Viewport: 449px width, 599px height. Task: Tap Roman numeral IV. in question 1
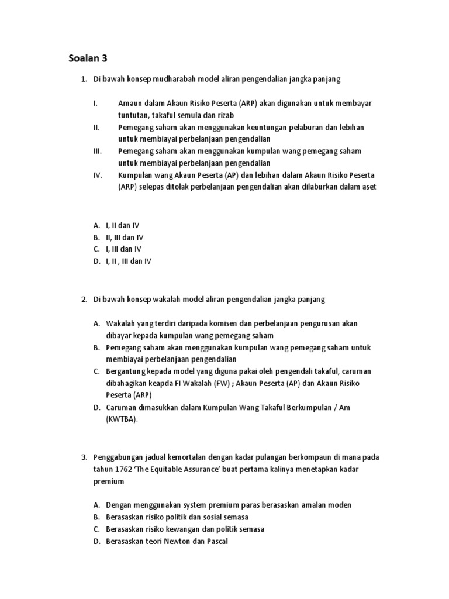tap(98, 175)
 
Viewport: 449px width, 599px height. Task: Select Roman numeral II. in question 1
tap(96, 127)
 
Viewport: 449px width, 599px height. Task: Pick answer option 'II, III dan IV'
tap(125, 237)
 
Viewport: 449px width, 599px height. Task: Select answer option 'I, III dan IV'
tap(123, 249)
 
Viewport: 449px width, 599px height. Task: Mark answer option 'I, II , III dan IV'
tap(129, 261)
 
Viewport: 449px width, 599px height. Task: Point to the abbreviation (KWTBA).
tap(122, 419)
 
